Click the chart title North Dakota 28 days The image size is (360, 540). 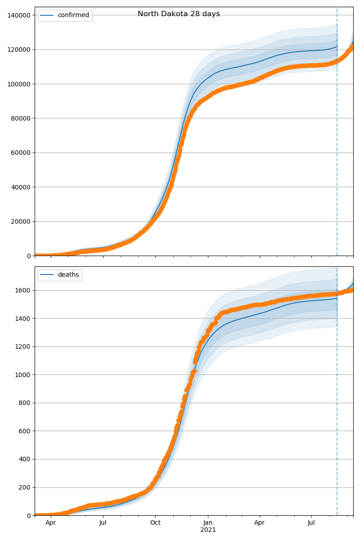[x=179, y=14]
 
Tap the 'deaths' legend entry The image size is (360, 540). [x=68, y=275]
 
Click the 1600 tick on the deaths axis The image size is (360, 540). [x=23, y=290]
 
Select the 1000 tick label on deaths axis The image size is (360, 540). [x=23, y=375]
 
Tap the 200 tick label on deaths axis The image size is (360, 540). [x=25, y=487]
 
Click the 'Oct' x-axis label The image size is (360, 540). [x=155, y=523]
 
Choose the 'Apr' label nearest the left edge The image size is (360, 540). [x=51, y=523]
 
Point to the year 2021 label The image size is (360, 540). [x=208, y=530]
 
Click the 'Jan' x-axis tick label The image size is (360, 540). [x=208, y=523]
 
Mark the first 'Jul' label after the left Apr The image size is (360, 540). [x=103, y=523]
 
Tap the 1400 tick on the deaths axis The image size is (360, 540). [x=23, y=319]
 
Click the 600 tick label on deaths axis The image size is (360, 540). [x=25, y=431]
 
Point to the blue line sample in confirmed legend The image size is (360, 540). [x=47, y=15]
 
